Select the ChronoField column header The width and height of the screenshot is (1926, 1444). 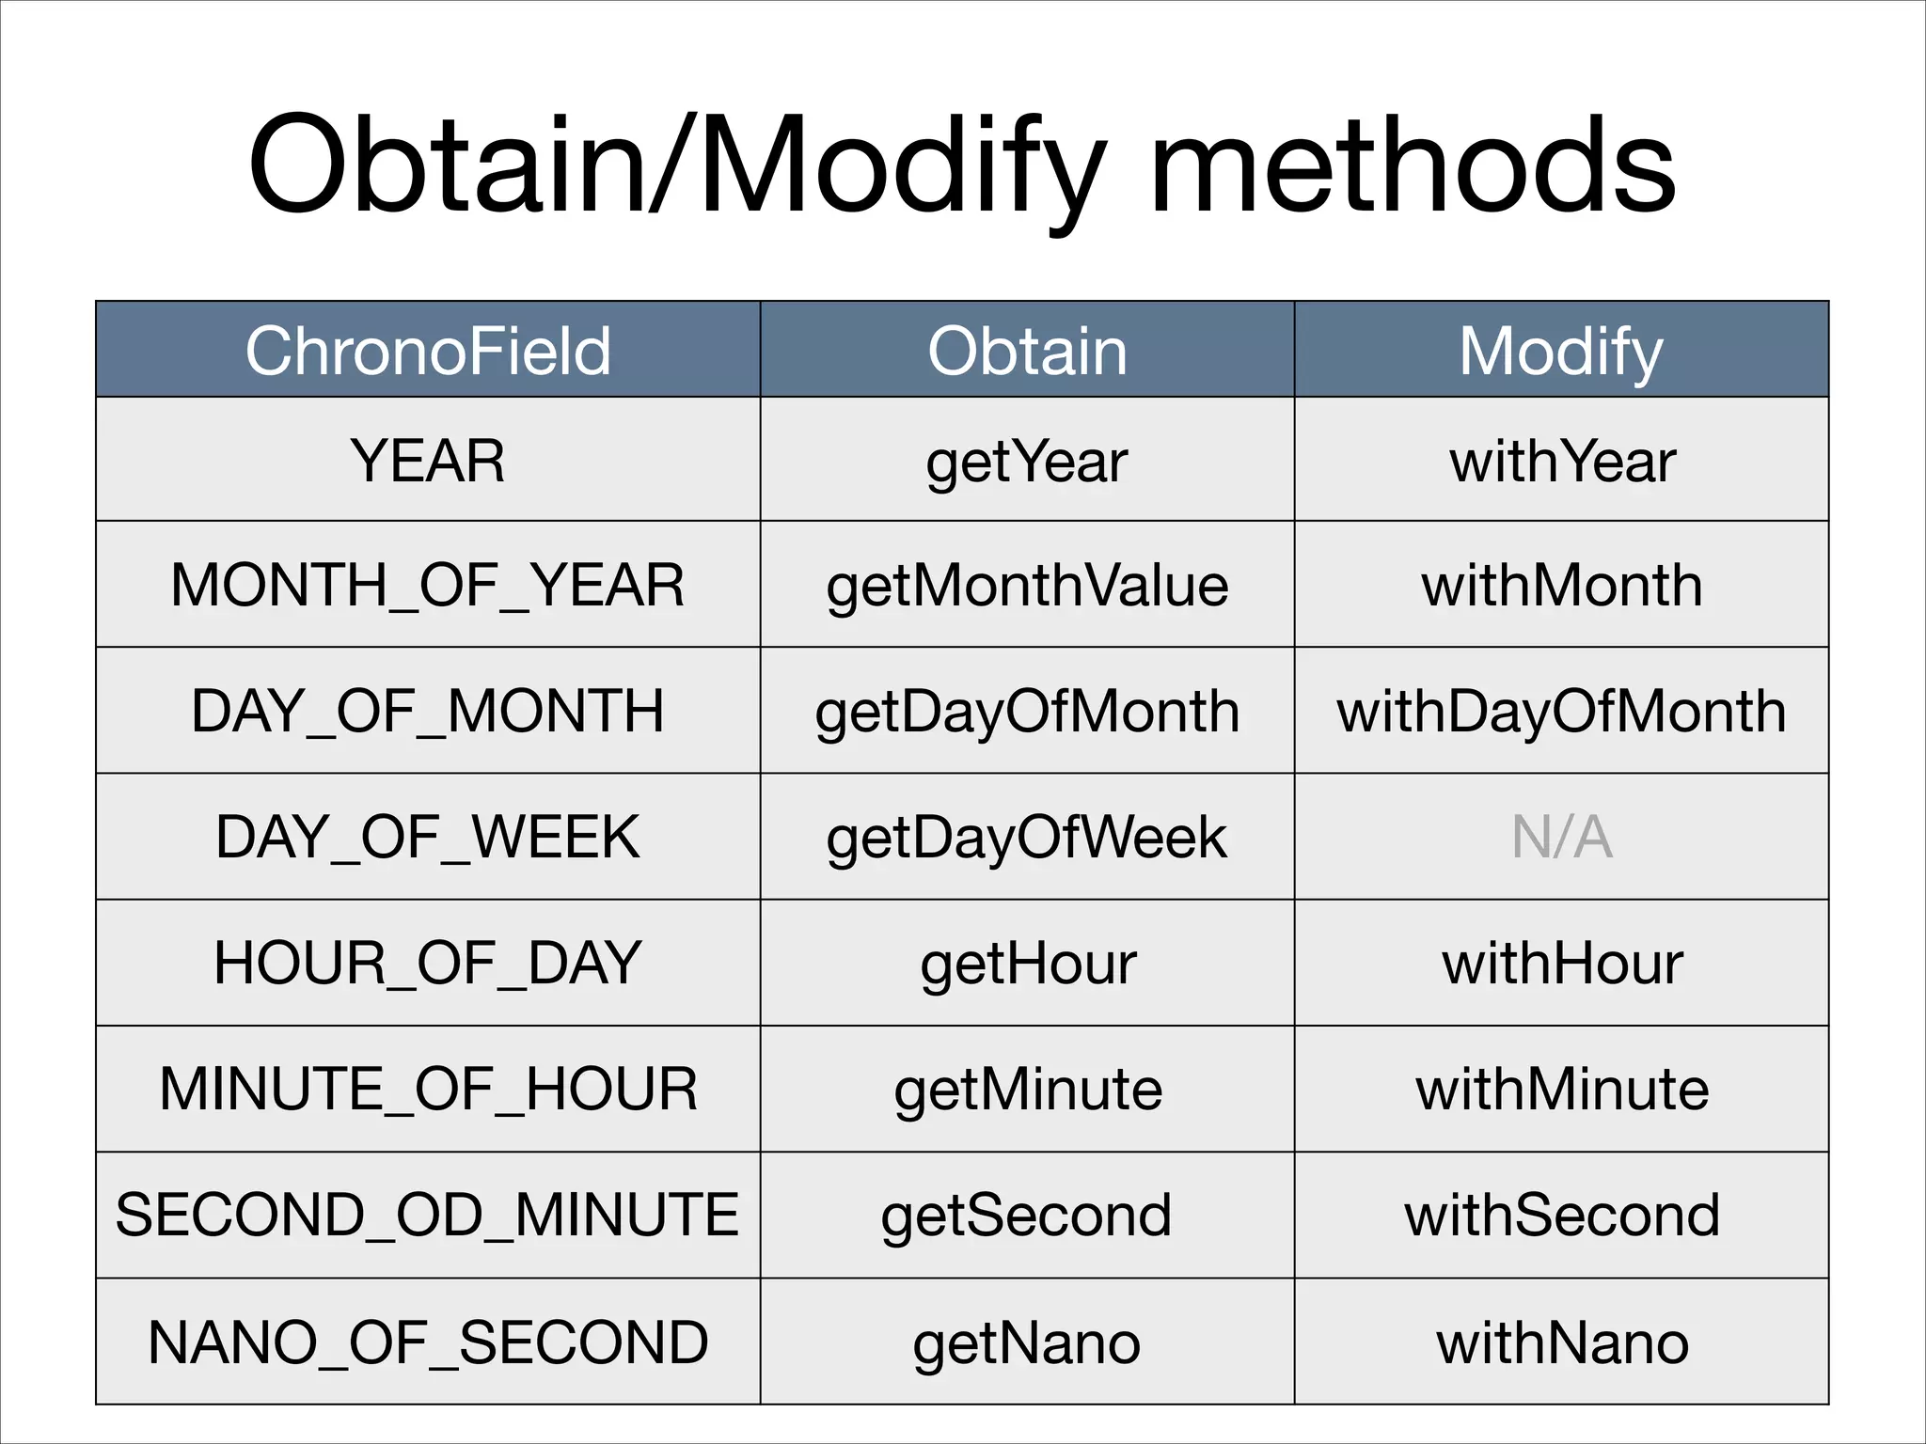pyautogui.click(x=428, y=351)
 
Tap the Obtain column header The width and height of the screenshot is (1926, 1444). pyautogui.click(x=1027, y=351)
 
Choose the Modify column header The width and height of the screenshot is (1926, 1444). pyautogui.click(x=1561, y=351)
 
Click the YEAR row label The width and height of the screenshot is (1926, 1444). pyautogui.click(x=428, y=461)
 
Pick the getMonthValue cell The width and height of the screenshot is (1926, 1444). pyautogui.click(x=1027, y=586)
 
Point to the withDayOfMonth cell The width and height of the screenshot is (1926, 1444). pyautogui.click(x=1561, y=712)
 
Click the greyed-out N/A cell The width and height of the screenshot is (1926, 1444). pyautogui.click(x=1561, y=837)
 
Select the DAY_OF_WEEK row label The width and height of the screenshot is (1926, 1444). pyautogui.click(x=428, y=837)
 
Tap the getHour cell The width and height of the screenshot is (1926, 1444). pyautogui.click(x=1027, y=964)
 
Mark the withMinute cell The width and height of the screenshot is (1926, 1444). pyautogui.click(x=1561, y=1090)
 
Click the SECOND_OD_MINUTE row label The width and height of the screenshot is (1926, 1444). pyautogui.click(x=428, y=1215)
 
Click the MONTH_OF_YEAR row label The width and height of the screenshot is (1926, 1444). pyautogui.click(x=428, y=586)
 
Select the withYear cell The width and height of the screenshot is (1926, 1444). pyautogui.click(x=1561, y=461)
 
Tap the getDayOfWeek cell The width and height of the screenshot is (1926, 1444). pyautogui.click(x=1027, y=837)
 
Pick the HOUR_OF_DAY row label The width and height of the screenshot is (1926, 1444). pyautogui.click(x=428, y=964)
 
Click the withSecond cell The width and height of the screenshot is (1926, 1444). pyautogui.click(x=1561, y=1215)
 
